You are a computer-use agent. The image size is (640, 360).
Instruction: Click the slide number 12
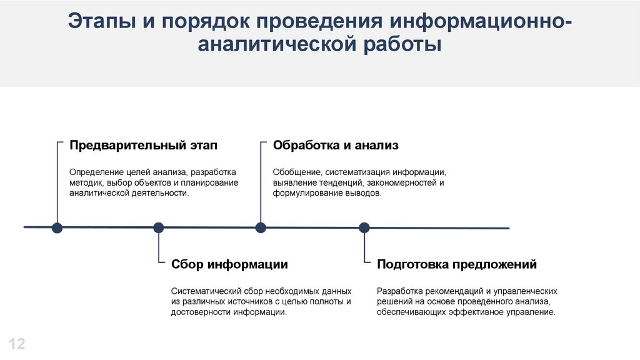[x=17, y=343]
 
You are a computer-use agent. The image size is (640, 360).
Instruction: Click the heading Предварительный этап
[x=143, y=146]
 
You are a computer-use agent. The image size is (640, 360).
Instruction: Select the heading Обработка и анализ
[x=336, y=146]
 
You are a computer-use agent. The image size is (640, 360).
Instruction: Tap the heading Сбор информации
[x=229, y=264]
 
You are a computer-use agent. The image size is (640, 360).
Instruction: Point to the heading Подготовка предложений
[x=457, y=264]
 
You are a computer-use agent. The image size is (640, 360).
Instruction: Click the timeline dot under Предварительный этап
[x=57, y=227]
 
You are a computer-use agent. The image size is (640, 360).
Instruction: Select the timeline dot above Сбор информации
[x=159, y=227]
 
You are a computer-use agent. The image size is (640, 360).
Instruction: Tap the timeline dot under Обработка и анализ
[x=261, y=227]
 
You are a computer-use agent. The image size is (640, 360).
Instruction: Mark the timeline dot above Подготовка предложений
[x=364, y=227]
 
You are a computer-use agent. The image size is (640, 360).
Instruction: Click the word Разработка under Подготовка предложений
[x=399, y=291]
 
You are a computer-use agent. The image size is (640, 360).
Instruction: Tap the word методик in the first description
[x=86, y=182]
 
